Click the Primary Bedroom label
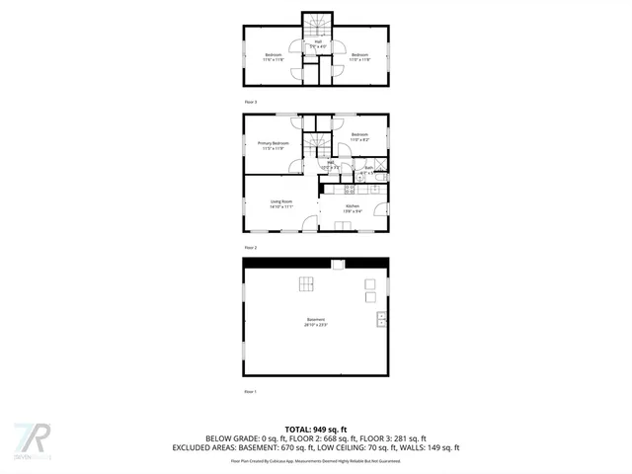pyautogui.click(x=274, y=146)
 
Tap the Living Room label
pyautogui.click(x=281, y=204)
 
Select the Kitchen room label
pyautogui.click(x=353, y=208)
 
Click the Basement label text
pyautogui.click(x=316, y=322)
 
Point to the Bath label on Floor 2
pyautogui.click(x=368, y=170)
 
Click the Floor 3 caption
pyautogui.click(x=251, y=102)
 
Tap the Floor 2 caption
pyautogui.click(x=251, y=247)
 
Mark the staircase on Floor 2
pyautogui.click(x=316, y=147)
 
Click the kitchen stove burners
pyautogui.click(x=350, y=188)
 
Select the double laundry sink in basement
pyautogui.click(x=381, y=319)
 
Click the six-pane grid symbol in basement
pyautogui.click(x=307, y=285)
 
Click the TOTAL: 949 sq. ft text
pyautogui.click(x=316, y=428)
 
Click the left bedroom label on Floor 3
pyautogui.click(x=273, y=56)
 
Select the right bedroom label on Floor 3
pyautogui.click(x=359, y=56)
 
